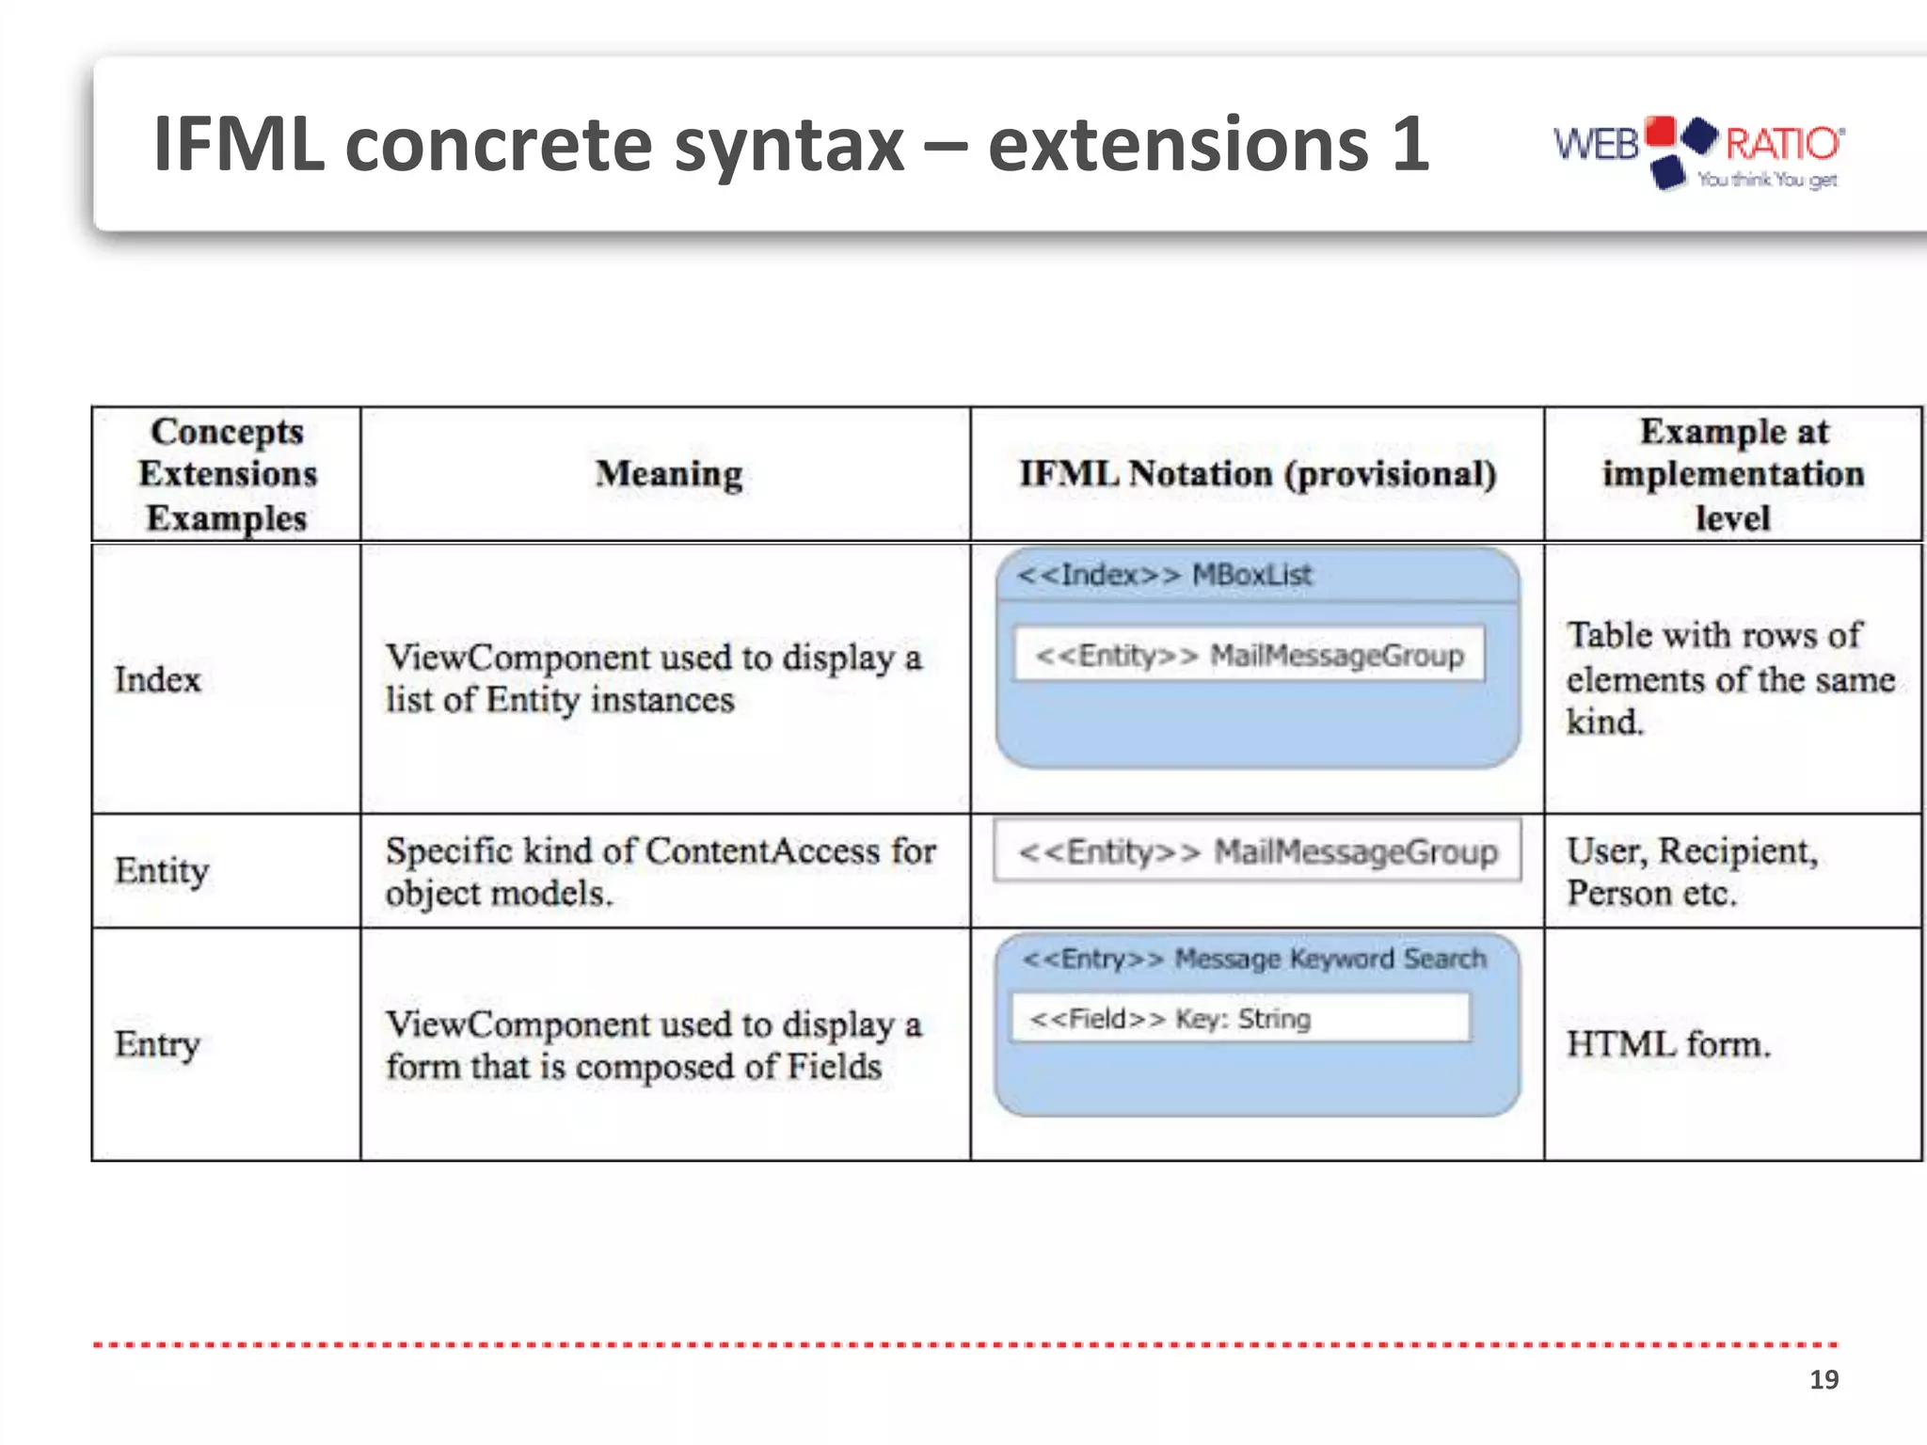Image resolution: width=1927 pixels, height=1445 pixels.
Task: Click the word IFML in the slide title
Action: tap(239, 144)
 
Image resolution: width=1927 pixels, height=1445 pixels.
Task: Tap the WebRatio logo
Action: tap(1697, 151)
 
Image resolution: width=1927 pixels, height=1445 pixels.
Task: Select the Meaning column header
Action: tap(668, 474)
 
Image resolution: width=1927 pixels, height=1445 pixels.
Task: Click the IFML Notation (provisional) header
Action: tap(1257, 474)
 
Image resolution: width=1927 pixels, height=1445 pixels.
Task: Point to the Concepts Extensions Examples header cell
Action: tap(227, 474)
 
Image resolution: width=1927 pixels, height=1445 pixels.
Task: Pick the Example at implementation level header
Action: tap(1732, 474)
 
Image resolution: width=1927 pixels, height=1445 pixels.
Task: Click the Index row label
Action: tap(157, 679)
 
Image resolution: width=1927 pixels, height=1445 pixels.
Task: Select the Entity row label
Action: tap(161, 870)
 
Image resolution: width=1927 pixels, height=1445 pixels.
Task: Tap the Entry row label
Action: tap(157, 1043)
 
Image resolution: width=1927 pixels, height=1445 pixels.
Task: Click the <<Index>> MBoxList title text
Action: tap(1164, 575)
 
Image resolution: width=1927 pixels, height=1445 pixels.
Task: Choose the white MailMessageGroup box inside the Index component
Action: tap(1249, 655)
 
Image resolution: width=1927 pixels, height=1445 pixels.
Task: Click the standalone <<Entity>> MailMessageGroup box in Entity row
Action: tap(1257, 851)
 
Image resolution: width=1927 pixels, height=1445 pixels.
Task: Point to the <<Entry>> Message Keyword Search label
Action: tap(1254, 959)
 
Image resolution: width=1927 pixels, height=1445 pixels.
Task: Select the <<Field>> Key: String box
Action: tap(1240, 1018)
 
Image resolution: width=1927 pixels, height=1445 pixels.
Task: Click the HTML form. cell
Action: tap(1667, 1044)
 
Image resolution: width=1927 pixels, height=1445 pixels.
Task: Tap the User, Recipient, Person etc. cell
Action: tap(1691, 871)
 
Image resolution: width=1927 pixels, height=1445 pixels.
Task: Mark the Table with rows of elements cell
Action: tap(1728, 678)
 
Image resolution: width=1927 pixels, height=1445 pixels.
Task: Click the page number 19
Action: tap(1823, 1379)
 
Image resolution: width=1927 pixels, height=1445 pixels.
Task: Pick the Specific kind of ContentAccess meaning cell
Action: tap(660, 871)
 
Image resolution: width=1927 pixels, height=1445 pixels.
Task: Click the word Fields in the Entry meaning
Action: tap(834, 1067)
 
